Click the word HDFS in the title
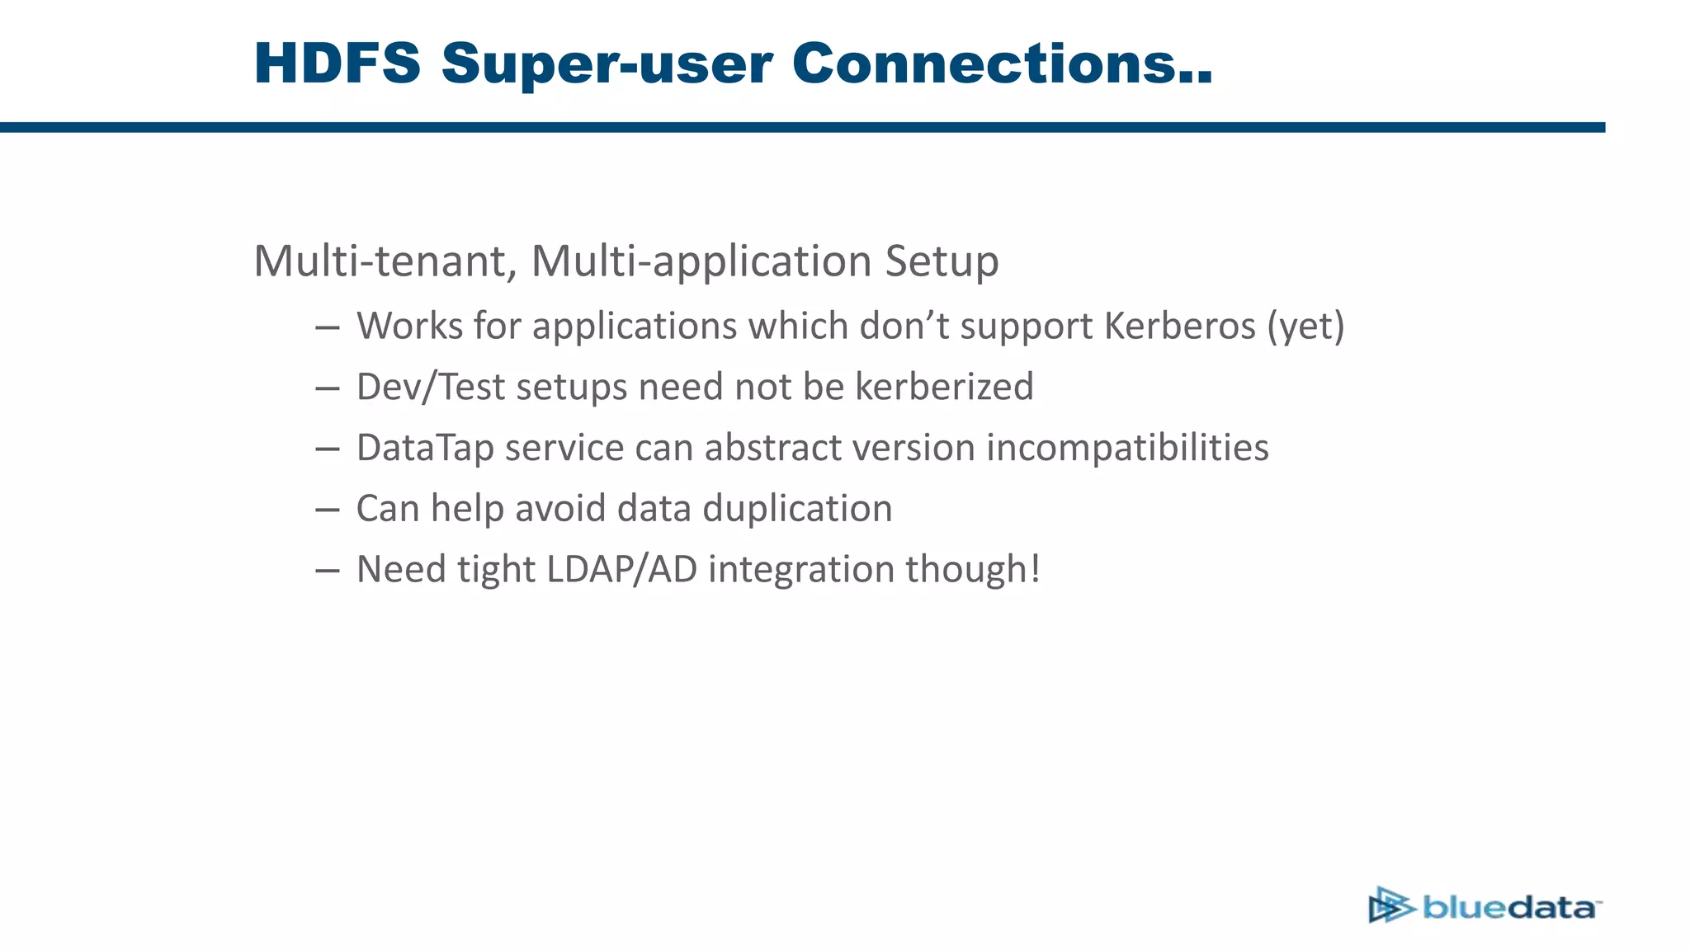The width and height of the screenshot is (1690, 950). (x=338, y=63)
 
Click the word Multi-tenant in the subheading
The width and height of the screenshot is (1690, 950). (x=385, y=261)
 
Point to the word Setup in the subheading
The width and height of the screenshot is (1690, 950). (x=942, y=263)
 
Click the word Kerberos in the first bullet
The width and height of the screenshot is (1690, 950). (x=1179, y=326)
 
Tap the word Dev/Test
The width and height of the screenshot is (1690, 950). (x=430, y=388)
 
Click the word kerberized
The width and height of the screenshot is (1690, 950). (x=944, y=387)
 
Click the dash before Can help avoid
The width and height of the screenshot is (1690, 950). (x=328, y=510)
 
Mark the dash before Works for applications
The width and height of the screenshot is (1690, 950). (x=328, y=327)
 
